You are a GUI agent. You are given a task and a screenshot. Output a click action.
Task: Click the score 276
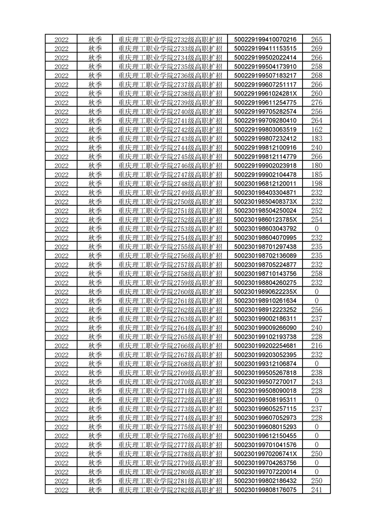pyautogui.click(x=317, y=103)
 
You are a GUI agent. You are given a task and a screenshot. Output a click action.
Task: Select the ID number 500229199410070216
pyautogui.click(x=265, y=39)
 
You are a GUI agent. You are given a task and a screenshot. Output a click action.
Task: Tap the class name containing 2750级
pyautogui.click(x=170, y=202)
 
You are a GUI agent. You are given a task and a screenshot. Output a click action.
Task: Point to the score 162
pyautogui.click(x=317, y=130)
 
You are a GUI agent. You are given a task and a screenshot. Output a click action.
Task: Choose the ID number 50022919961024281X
pyautogui.click(x=265, y=94)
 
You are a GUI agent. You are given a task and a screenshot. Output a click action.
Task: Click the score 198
pyautogui.click(x=317, y=184)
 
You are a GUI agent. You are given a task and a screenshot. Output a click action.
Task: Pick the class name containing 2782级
pyautogui.click(x=170, y=490)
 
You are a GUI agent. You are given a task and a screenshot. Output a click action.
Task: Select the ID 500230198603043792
pyautogui.click(x=265, y=229)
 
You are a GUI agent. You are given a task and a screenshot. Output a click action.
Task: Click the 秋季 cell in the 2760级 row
pyautogui.click(x=95, y=292)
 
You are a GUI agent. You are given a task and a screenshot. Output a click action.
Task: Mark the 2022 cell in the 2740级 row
pyautogui.click(x=62, y=112)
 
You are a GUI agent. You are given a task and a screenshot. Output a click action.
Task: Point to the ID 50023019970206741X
pyautogui.click(x=265, y=454)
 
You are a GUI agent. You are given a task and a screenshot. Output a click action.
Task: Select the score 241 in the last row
pyautogui.click(x=317, y=490)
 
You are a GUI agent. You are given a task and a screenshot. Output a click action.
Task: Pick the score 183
pyautogui.click(x=317, y=139)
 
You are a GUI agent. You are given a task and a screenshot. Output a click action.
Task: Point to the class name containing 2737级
pyautogui.click(x=170, y=85)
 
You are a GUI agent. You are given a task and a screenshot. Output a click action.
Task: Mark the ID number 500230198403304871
pyautogui.click(x=265, y=193)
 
